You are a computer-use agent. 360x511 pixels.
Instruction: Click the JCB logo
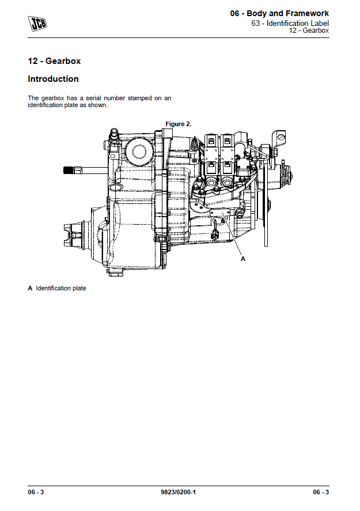(x=39, y=22)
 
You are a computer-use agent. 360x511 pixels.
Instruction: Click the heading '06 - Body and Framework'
(x=279, y=13)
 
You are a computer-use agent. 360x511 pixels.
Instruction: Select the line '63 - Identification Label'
(x=290, y=23)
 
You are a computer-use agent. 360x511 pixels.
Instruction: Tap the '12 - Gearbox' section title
(x=54, y=60)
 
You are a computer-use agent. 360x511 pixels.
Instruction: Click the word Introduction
(x=53, y=79)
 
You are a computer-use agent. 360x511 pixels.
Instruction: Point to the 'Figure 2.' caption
(x=179, y=124)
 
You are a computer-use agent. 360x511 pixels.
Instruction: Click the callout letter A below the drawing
(x=243, y=259)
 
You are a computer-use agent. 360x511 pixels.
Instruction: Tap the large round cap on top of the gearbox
(x=139, y=152)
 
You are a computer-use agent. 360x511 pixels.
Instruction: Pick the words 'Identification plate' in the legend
(x=61, y=288)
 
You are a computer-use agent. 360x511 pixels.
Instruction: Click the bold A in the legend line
(x=30, y=288)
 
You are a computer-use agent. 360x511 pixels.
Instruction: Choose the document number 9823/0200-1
(x=179, y=492)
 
